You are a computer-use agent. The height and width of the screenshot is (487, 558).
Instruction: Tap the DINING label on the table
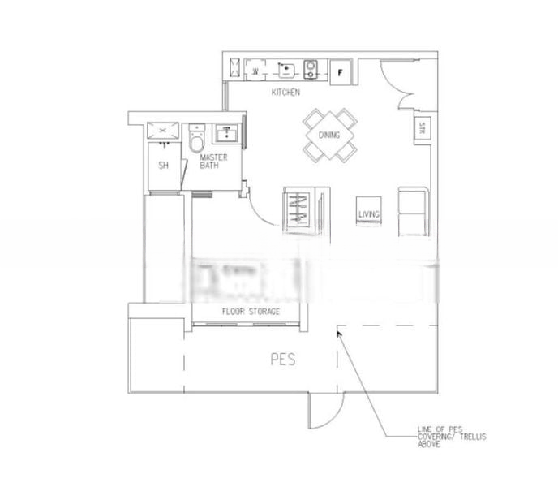[329, 136]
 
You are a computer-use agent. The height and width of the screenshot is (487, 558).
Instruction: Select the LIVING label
[369, 214]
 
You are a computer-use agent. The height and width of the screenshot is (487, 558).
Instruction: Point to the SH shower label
[163, 166]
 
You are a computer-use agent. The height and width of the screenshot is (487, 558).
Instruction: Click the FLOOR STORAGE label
[251, 312]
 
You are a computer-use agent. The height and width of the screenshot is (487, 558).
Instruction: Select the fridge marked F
[341, 71]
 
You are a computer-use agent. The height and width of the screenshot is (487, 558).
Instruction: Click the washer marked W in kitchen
[255, 71]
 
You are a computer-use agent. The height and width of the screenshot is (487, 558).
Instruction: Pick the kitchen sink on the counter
[285, 70]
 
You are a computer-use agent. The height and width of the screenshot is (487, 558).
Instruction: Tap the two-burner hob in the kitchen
[311, 70]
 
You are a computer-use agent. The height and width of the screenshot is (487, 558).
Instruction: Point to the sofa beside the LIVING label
[411, 209]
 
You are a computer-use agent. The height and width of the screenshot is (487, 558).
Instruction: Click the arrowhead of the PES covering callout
[338, 332]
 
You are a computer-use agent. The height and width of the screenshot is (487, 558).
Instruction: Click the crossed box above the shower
[163, 129]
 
